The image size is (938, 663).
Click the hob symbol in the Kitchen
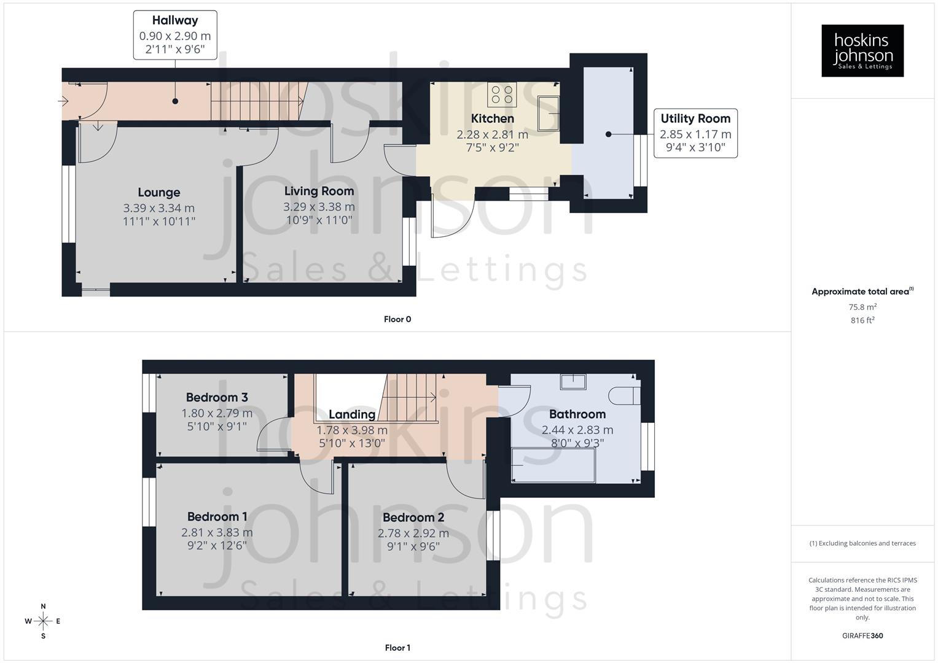[502, 94]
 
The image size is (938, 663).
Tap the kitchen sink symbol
[548, 113]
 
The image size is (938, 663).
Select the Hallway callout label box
[175, 35]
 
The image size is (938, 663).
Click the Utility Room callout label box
[695, 133]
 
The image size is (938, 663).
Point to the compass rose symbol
[43, 621]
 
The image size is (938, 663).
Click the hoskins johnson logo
[862, 50]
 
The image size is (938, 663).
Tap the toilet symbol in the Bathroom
[624, 396]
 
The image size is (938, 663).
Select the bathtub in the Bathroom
[553, 465]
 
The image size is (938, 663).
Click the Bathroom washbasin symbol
[573, 381]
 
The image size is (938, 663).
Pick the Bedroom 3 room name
[217, 397]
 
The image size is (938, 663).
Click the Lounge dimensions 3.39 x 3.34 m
[158, 208]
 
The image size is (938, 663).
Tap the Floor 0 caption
[397, 319]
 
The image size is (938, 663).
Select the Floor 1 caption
[397, 648]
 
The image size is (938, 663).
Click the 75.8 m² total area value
[862, 307]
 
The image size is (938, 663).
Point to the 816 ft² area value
[862, 320]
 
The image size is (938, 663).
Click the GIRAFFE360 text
[862, 636]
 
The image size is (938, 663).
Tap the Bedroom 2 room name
[413, 518]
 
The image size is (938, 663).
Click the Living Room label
[319, 191]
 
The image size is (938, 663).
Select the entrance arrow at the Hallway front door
[64, 101]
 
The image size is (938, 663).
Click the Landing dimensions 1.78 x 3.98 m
[351, 430]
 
